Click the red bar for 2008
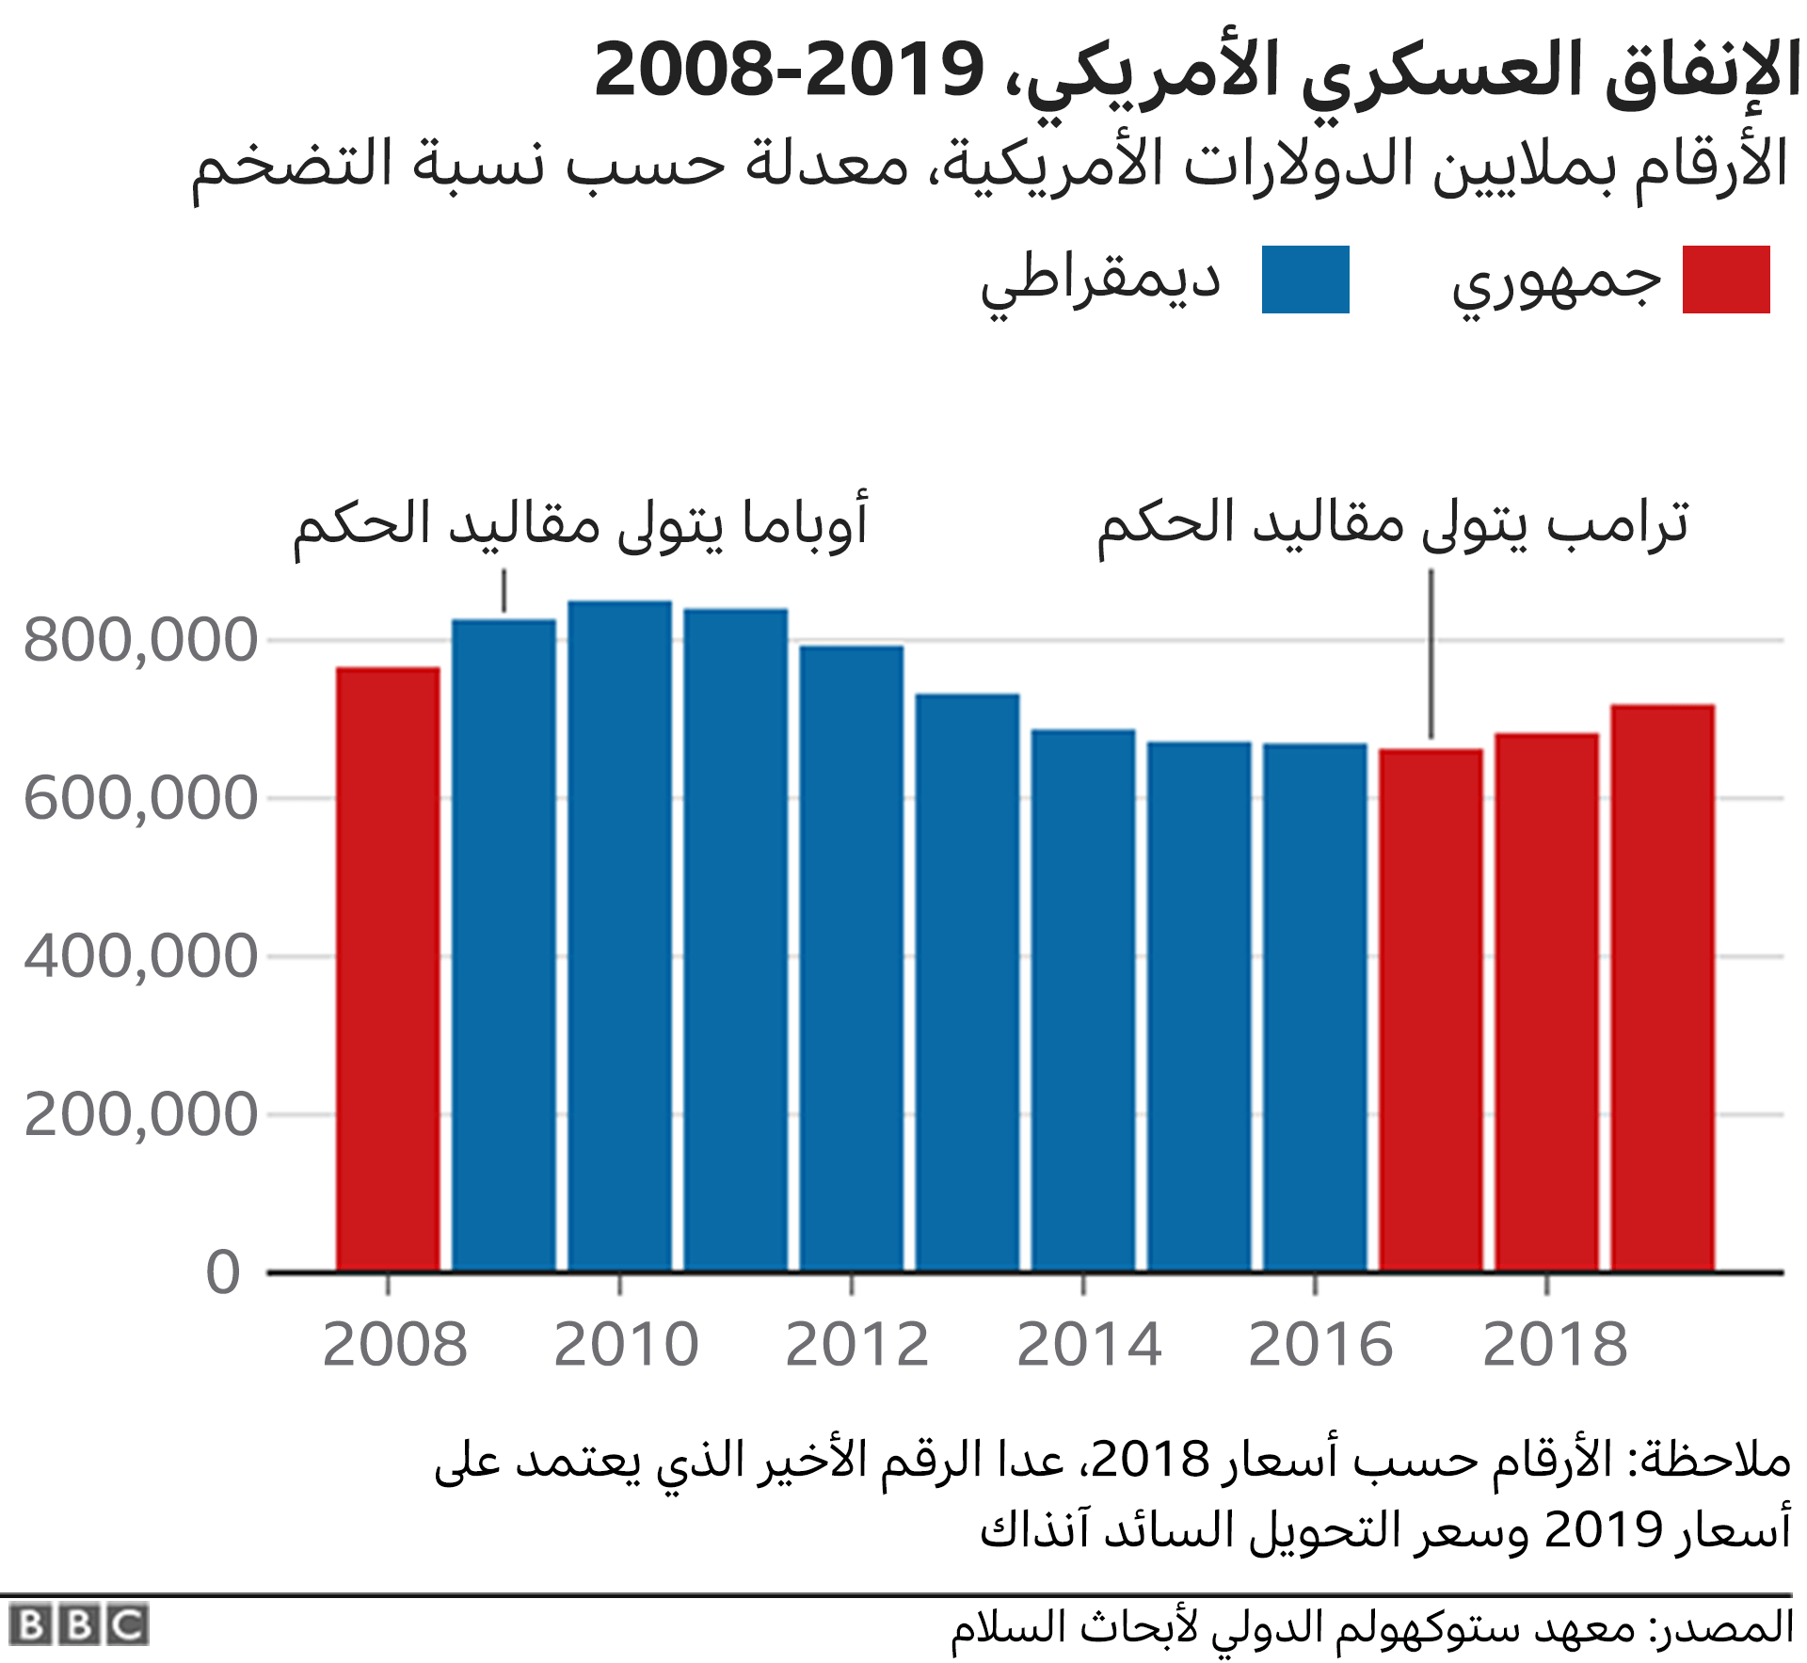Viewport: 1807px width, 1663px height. (x=388, y=969)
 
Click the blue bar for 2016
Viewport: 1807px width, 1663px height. (x=1315, y=1007)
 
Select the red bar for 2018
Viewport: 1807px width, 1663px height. (x=1546, y=1002)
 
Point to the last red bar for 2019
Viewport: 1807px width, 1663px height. (x=1662, y=988)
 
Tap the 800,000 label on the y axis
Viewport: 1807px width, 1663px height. (x=140, y=640)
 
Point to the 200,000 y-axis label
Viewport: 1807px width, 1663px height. (x=140, y=1114)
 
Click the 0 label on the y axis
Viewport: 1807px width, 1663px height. (x=223, y=1272)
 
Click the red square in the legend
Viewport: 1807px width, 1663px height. (x=1726, y=280)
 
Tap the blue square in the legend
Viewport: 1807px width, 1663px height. (x=1305, y=280)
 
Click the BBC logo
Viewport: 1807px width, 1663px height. (x=79, y=1624)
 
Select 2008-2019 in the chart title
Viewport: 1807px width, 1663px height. (x=789, y=71)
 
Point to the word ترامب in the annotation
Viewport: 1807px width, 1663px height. (x=1619, y=523)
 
